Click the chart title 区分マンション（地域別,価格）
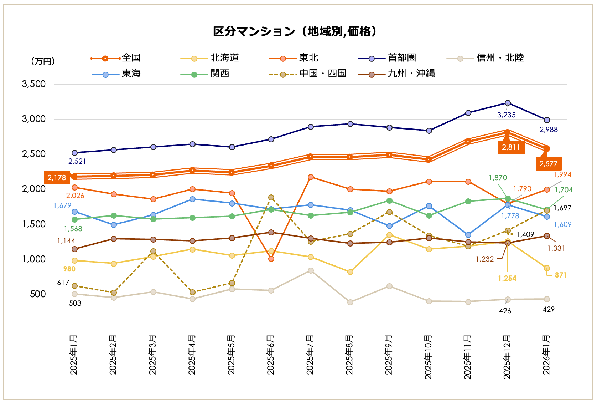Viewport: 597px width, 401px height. (x=295, y=31)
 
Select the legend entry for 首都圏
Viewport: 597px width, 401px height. (x=402, y=58)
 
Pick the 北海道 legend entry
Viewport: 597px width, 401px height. (x=224, y=58)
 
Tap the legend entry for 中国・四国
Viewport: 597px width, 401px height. (x=322, y=73)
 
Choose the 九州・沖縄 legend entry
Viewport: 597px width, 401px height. (x=411, y=73)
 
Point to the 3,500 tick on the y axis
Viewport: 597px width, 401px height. (x=34, y=84)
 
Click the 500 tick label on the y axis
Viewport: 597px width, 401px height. (x=38, y=294)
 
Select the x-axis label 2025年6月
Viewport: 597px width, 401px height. (x=271, y=355)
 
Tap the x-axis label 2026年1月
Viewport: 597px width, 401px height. (x=546, y=355)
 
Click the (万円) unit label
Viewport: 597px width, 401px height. (x=43, y=61)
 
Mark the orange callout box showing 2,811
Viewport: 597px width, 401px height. (x=511, y=147)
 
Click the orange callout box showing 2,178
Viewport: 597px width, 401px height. (x=57, y=178)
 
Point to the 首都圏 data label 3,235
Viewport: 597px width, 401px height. (x=506, y=115)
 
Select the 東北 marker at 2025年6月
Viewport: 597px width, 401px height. (x=271, y=259)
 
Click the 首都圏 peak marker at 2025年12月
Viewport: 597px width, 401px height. (x=508, y=103)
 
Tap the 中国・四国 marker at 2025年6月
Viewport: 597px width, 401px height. (x=271, y=197)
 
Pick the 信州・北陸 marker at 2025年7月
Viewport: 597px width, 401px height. (x=311, y=270)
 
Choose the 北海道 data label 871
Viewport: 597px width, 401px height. (x=560, y=275)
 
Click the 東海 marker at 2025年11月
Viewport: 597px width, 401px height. (x=468, y=235)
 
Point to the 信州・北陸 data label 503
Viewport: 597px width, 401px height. (x=75, y=303)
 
